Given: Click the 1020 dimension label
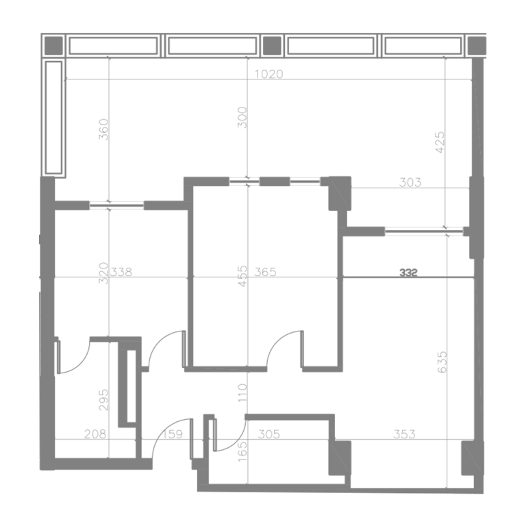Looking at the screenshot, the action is tap(268, 74).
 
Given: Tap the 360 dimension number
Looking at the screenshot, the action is tap(103, 129).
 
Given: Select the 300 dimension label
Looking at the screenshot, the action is tap(242, 117).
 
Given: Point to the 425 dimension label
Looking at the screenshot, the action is tap(440, 142).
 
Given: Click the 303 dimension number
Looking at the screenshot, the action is tap(410, 182).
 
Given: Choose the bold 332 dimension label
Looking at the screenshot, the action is tap(408, 273).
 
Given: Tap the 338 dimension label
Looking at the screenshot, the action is tap(121, 272).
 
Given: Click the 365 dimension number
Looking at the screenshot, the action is tap(265, 272).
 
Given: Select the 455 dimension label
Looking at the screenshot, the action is tap(242, 276).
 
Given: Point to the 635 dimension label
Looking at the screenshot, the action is tap(442, 362).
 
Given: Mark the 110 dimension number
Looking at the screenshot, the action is tap(242, 393).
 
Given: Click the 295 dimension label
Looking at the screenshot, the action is tap(103, 400).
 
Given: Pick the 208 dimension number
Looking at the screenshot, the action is tap(95, 434).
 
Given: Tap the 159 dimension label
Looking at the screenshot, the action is tap(173, 434).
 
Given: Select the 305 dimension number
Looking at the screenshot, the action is tap(269, 434).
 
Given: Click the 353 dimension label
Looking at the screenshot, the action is tap(404, 434).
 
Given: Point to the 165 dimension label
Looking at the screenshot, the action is tap(242, 451).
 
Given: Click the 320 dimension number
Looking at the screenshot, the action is tap(103, 273).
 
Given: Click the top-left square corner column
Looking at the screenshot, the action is tap(53, 45).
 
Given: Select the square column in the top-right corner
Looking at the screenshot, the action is tap(477, 45).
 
